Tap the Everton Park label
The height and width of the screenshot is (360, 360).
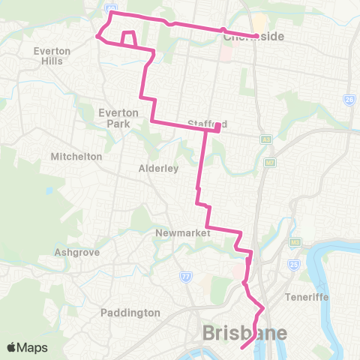pyautogui.click(x=116, y=117)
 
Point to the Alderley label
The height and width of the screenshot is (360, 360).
pyautogui.click(x=158, y=169)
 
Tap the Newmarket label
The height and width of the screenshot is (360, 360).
pyautogui.click(x=179, y=233)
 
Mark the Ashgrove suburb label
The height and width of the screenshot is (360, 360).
pyautogui.click(x=77, y=253)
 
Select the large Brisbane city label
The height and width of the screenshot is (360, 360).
pyautogui.click(x=244, y=333)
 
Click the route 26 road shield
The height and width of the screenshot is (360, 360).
pyautogui.click(x=349, y=100)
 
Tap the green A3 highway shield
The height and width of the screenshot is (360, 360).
pyautogui.click(x=265, y=139)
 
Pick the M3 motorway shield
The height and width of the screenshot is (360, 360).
pyautogui.click(x=296, y=241)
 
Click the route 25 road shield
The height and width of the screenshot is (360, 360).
pyautogui.click(x=294, y=264)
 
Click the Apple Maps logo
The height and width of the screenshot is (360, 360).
pyautogui.click(x=26, y=347)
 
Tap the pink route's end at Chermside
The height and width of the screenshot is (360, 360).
pyautogui.click(x=256, y=36)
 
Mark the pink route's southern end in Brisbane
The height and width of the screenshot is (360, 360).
pyautogui.click(x=241, y=348)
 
